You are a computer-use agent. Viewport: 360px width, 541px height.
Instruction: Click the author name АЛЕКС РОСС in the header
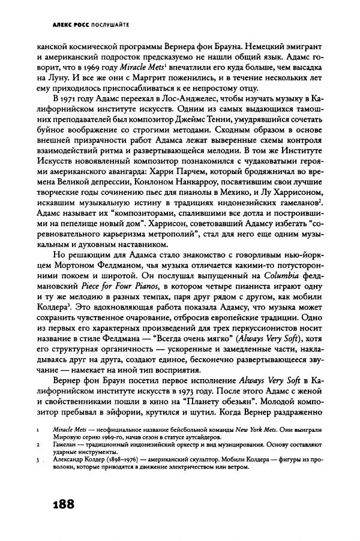(x=64, y=25)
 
